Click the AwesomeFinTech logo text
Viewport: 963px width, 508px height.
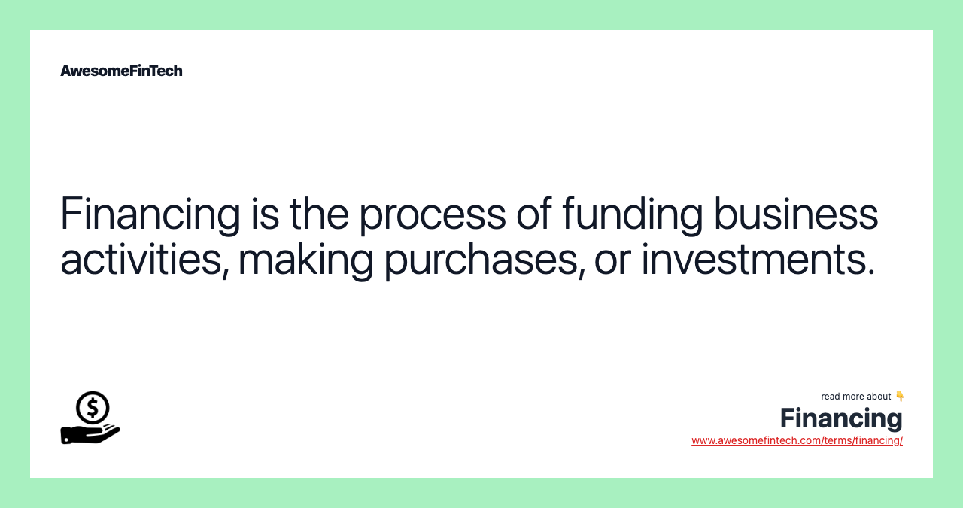(121, 71)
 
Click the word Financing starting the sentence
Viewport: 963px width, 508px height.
(150, 214)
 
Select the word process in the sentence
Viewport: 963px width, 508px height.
(432, 214)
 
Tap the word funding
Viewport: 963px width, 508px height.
(632, 214)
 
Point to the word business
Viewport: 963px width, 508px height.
(795, 214)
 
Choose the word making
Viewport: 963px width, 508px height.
(305, 259)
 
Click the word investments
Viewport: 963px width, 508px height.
(758, 259)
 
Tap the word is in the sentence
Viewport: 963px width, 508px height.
(264, 214)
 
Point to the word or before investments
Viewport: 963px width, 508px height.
(612, 260)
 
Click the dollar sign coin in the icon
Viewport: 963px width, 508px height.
(93, 407)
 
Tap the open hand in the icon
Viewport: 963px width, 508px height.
(89, 433)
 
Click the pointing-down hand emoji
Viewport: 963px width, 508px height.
(900, 396)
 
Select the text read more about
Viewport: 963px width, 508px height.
(855, 397)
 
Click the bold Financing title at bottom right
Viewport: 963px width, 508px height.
(840, 418)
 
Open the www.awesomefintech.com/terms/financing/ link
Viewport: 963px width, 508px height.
(797, 440)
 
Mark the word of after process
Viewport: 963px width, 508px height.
(533, 214)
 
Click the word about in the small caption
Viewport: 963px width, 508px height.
(878, 397)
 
